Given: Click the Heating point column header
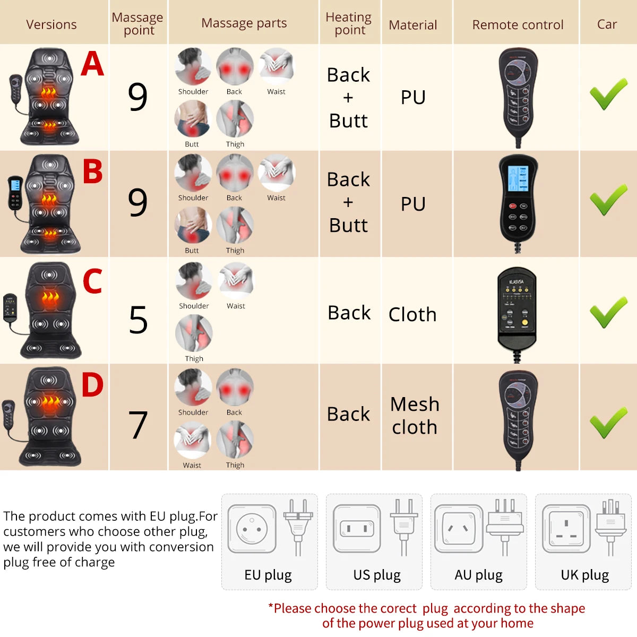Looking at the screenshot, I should coord(349,24).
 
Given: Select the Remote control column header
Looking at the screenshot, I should coord(518,25).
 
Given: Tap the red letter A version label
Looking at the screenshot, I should coord(92,64).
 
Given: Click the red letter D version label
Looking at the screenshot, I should coord(92,385).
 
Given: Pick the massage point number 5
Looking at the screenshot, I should coord(138,320).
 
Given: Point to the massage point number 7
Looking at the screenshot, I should coord(138,425).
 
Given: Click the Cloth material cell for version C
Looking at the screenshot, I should coord(412,315).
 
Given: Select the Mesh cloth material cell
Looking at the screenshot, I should coord(415,416).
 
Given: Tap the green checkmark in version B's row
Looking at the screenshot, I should coord(608,200).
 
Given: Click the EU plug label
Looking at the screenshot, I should coord(268,575).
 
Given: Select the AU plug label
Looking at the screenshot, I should coord(478,575).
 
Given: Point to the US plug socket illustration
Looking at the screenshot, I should coord(357,529).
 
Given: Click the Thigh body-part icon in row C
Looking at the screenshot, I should coord(194,333).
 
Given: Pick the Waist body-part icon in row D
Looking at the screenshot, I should coord(192,440).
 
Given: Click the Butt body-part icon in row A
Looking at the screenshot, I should coord(193,119).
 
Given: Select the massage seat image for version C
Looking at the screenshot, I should coord(50,310).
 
